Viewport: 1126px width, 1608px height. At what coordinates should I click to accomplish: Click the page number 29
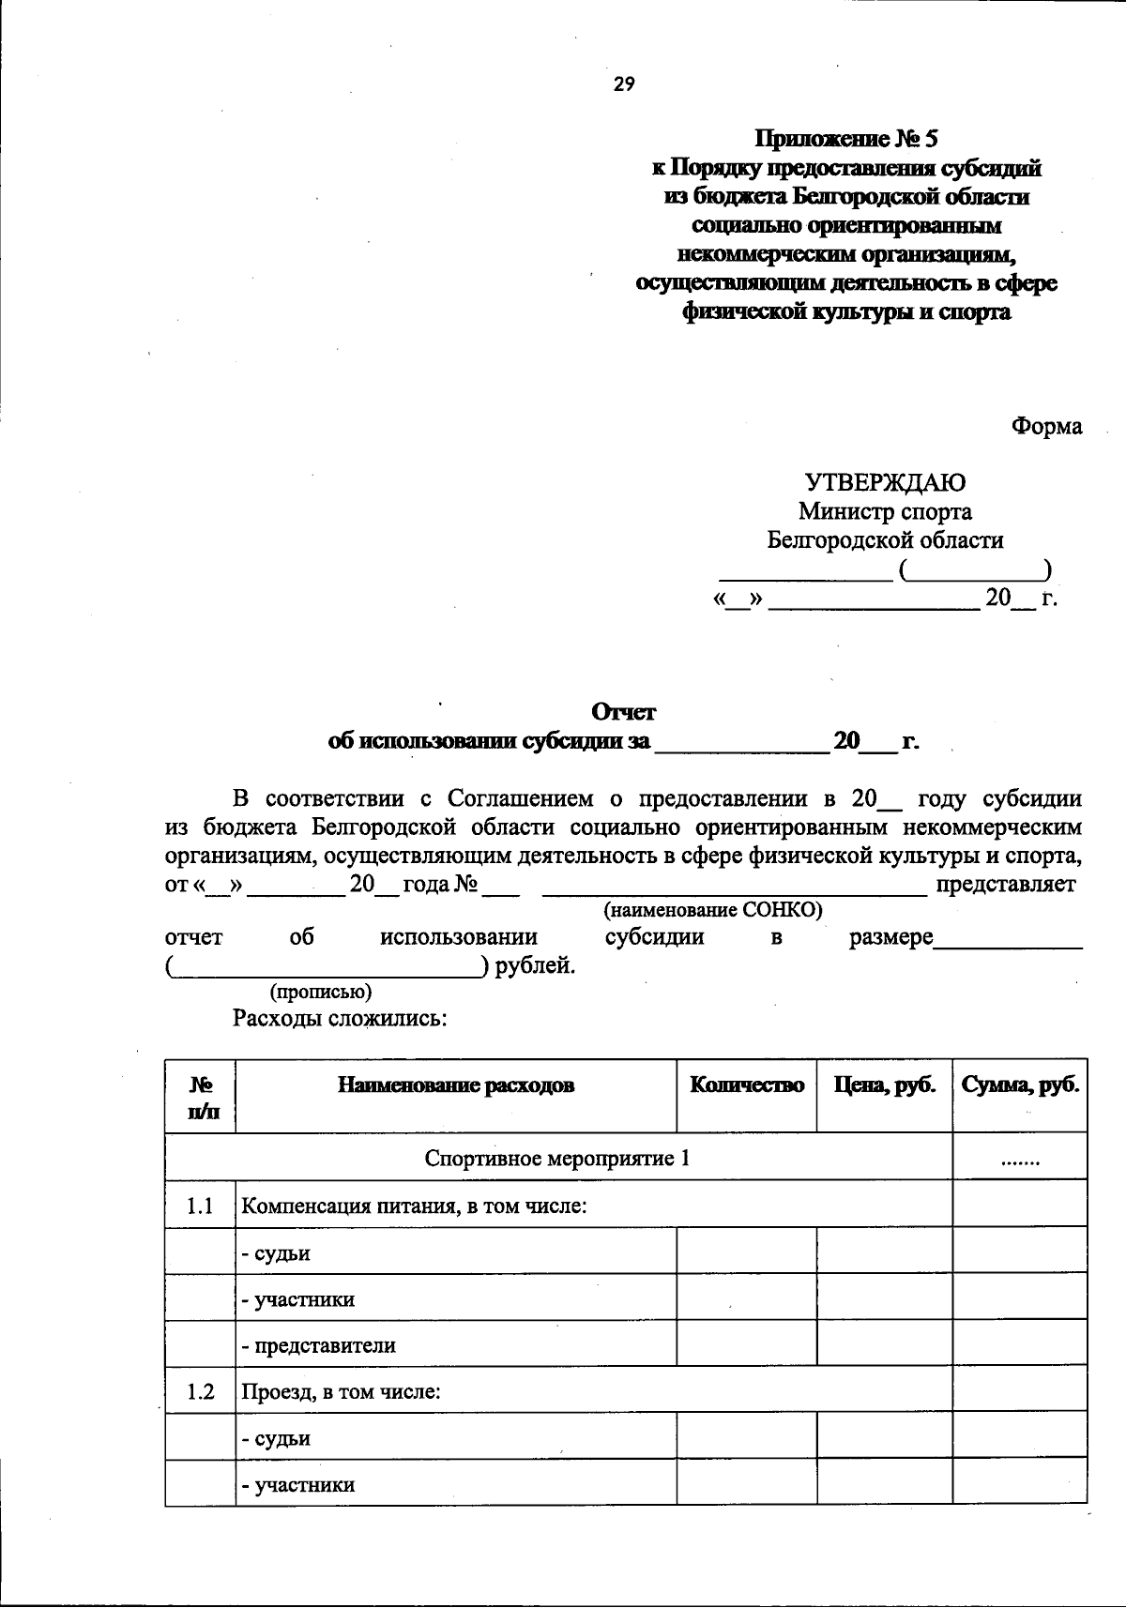[x=624, y=84]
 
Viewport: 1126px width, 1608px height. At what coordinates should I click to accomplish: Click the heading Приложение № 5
[x=846, y=140]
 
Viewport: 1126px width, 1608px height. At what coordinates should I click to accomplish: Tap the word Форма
[x=1046, y=426]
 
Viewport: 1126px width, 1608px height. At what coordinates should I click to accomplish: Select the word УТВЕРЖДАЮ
[x=885, y=483]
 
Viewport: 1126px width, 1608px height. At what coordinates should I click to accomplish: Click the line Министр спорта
[x=885, y=511]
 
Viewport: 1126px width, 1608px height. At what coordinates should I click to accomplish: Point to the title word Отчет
[x=623, y=712]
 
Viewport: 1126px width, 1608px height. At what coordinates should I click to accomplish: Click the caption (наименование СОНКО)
[x=713, y=909]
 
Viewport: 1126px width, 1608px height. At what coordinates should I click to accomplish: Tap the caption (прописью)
[x=321, y=992]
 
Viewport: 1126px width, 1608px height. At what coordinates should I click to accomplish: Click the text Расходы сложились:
[x=339, y=1019]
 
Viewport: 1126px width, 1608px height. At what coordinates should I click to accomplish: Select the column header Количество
[x=747, y=1085]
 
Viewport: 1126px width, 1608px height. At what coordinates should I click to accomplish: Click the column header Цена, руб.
[x=885, y=1085]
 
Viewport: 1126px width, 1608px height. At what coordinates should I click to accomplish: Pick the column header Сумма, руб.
[x=1020, y=1085]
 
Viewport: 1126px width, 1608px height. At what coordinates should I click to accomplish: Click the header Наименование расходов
[x=456, y=1085]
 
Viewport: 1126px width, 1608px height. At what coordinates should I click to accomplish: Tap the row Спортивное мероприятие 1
[x=557, y=1158]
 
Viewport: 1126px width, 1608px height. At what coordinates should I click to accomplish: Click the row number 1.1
[x=200, y=1205]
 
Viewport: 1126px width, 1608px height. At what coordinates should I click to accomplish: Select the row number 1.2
[x=200, y=1391]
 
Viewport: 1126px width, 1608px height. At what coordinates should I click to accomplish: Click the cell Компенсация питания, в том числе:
[x=414, y=1205]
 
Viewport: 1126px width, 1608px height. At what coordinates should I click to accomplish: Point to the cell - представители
[x=318, y=1345]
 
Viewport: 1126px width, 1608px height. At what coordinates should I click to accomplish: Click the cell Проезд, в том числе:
[x=341, y=1391]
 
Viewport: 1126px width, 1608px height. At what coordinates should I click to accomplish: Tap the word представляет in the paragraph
[x=1006, y=884]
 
